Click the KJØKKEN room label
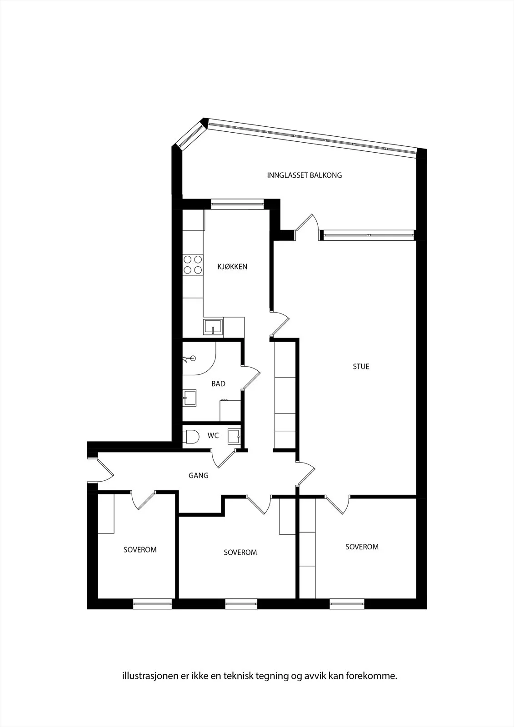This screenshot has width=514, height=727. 232,266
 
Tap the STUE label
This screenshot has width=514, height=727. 361,366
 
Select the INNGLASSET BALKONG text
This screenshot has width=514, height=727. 304,175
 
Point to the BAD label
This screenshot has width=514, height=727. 218,383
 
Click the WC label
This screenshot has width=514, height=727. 213,436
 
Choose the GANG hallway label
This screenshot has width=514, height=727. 199,475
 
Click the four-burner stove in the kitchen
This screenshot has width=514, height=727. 193,264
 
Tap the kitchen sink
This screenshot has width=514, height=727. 213,327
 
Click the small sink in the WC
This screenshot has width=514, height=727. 234,437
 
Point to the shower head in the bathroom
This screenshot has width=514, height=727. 190,359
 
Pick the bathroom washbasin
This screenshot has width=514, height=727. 190,398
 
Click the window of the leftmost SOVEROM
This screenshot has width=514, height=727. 152,604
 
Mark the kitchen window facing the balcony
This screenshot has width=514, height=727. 237,204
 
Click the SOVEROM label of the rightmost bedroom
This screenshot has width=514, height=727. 362,547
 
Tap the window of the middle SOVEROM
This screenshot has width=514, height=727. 241,604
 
